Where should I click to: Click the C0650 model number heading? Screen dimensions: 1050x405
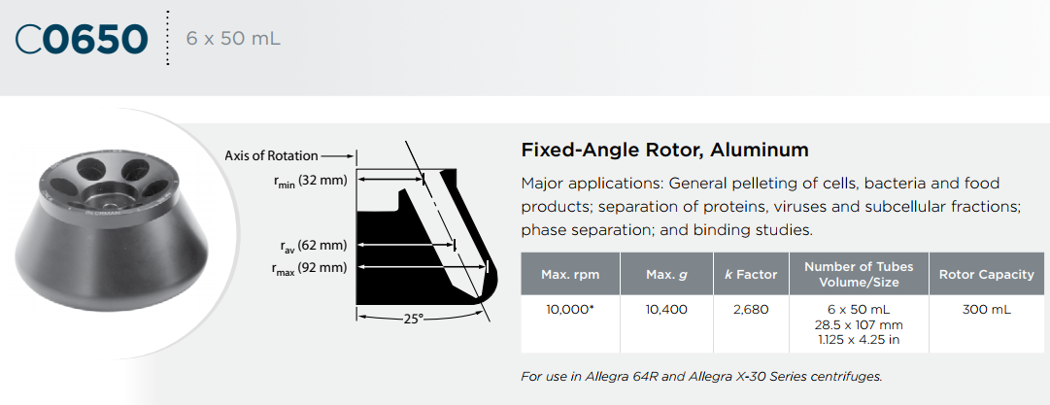point(81,40)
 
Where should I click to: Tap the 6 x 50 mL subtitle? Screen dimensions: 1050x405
point(233,39)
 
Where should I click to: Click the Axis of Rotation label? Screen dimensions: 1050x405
point(271,156)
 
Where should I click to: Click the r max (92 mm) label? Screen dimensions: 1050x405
point(309,268)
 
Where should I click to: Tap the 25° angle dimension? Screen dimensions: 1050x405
point(413,320)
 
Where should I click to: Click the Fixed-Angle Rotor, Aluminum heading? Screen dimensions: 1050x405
point(664,150)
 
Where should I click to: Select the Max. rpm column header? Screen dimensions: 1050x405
point(570,275)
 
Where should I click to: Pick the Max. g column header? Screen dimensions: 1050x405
point(666,275)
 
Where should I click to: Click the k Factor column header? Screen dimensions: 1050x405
point(751,275)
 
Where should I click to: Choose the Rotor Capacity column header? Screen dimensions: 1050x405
point(987,275)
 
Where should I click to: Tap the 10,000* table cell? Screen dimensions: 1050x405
point(570,310)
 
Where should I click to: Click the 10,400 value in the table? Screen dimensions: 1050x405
point(666,310)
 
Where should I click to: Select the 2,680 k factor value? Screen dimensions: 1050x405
point(751,310)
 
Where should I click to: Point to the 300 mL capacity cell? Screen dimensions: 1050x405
point(987,310)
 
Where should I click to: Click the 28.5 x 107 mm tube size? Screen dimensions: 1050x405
point(860,325)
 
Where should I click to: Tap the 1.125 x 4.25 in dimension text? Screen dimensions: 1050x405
point(860,339)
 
